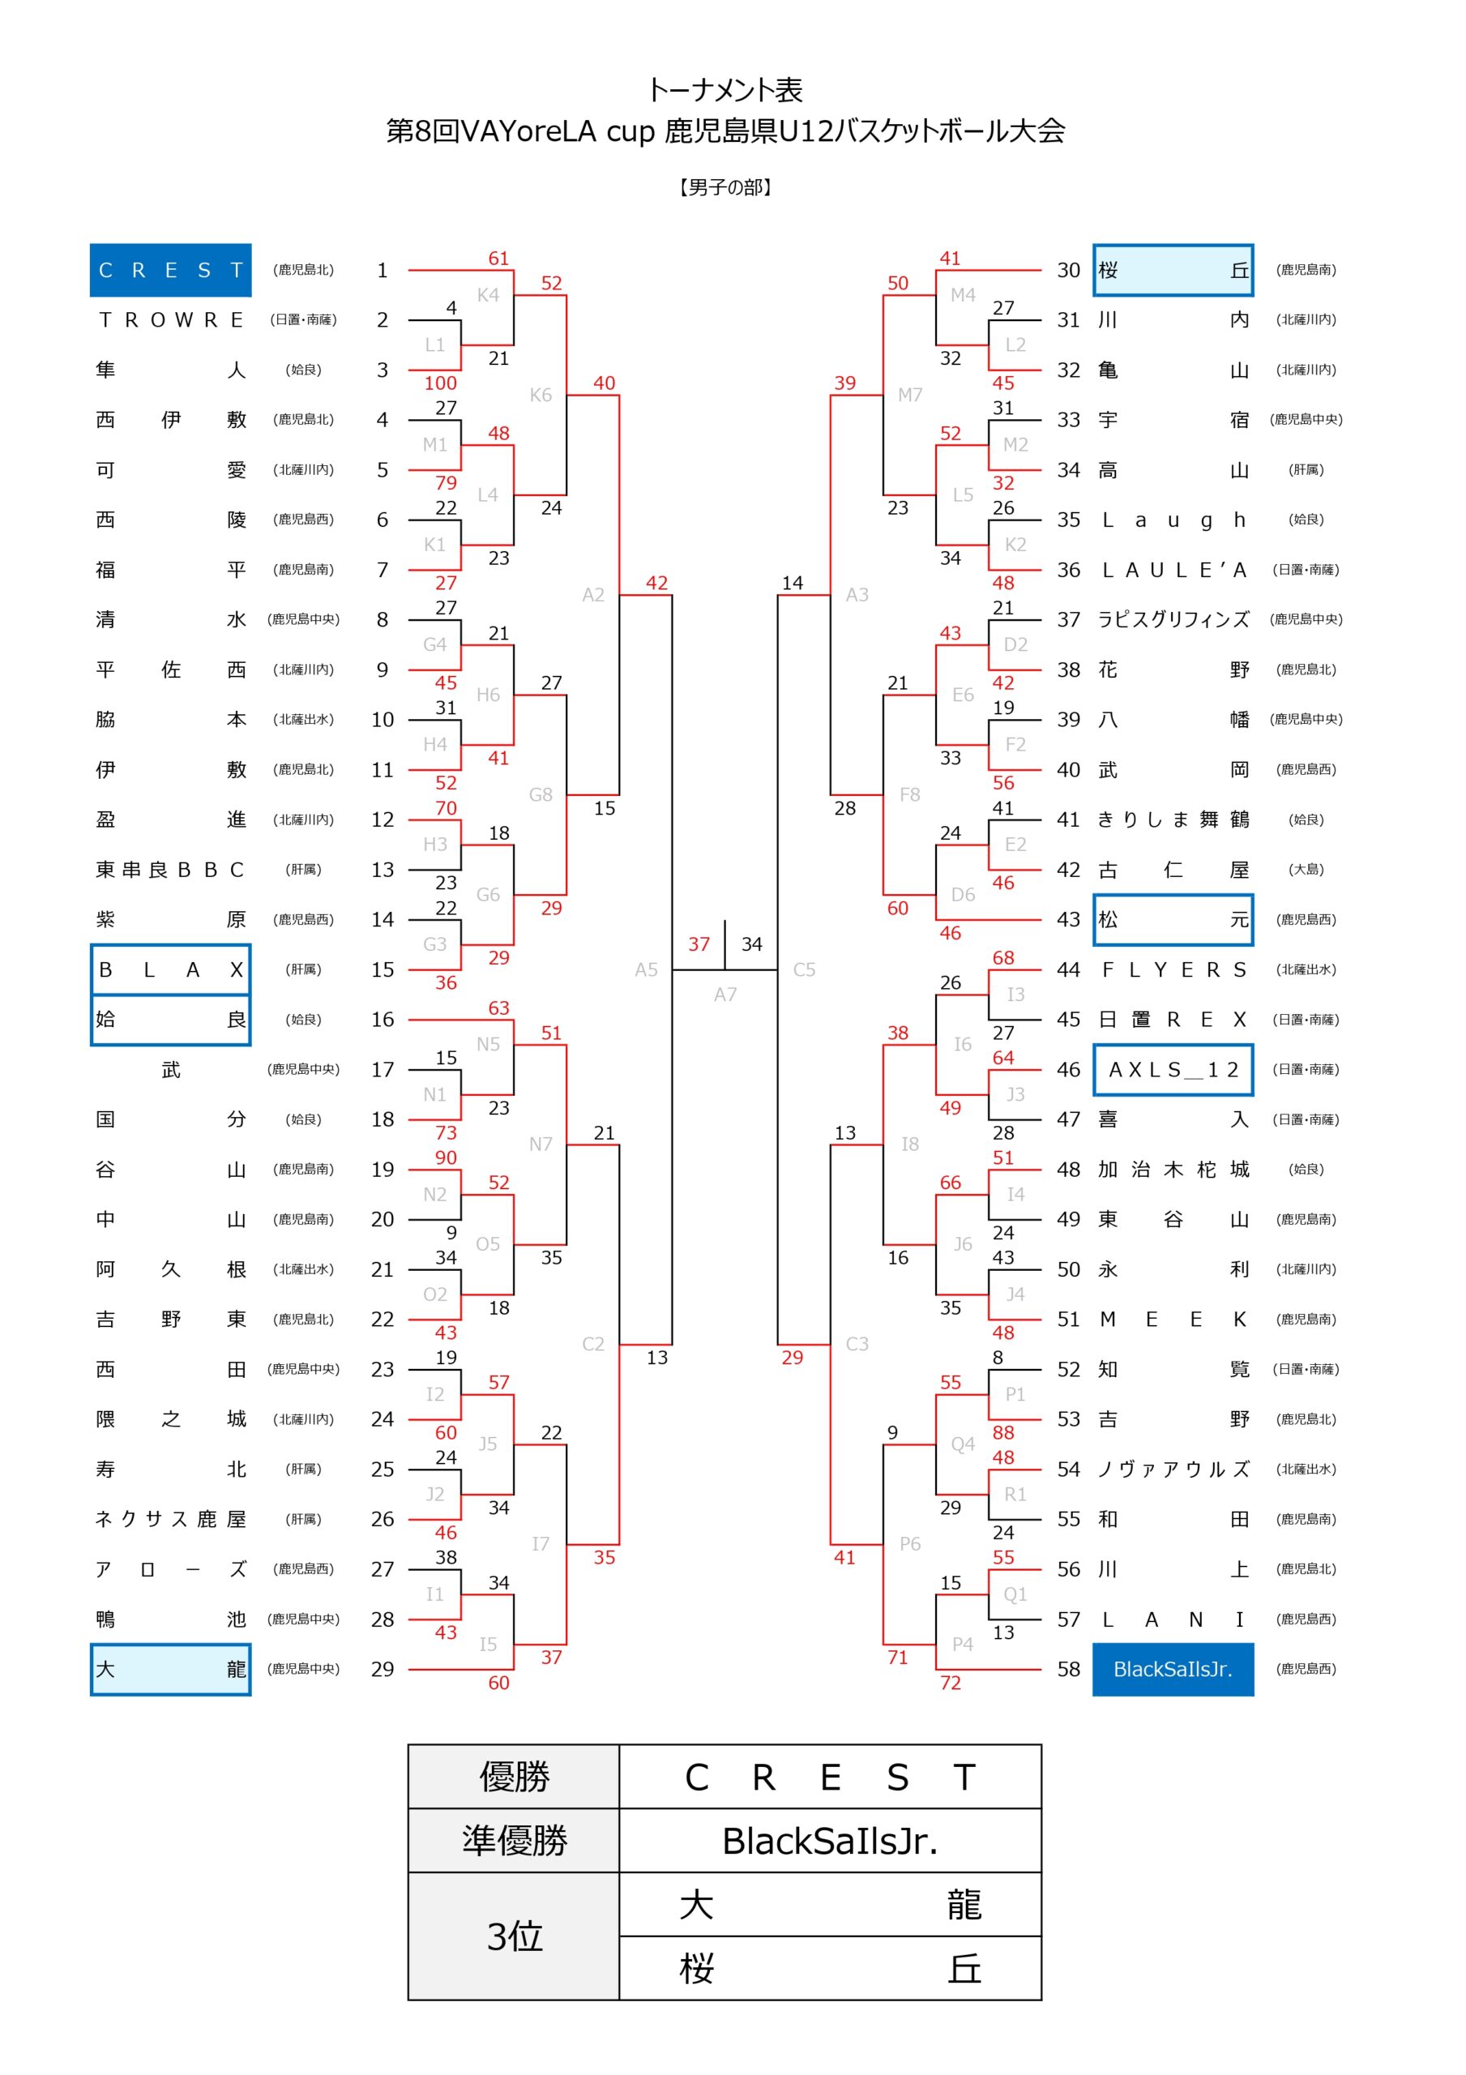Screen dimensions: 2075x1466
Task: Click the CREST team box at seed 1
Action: [x=170, y=270]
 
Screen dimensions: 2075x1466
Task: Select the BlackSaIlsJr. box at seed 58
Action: [x=1173, y=1669]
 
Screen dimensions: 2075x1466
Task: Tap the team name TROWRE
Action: [x=170, y=320]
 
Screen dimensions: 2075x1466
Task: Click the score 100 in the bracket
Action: [x=440, y=383]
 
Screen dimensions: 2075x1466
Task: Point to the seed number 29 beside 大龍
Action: [x=383, y=1669]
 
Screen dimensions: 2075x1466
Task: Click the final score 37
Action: [x=699, y=944]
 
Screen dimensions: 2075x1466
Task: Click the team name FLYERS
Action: [x=1173, y=969]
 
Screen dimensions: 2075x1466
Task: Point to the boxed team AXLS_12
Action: [x=1173, y=1070]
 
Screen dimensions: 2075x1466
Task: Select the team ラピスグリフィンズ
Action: [x=1173, y=620]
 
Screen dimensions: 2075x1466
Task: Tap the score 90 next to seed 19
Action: [x=446, y=1157]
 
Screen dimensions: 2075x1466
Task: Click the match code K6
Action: [x=541, y=395]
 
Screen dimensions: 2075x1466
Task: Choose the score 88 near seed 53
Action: [x=1003, y=1432]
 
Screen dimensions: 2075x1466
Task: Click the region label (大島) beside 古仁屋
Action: [x=1306, y=870]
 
